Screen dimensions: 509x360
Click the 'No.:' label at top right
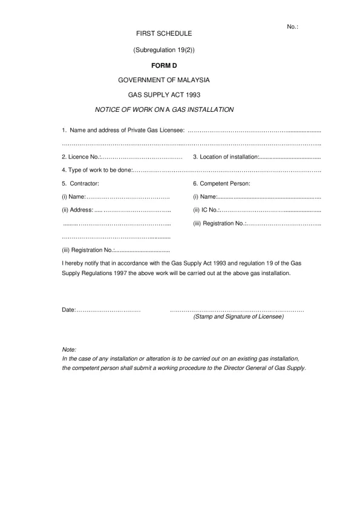point(292,27)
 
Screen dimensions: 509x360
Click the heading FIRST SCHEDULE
point(164,34)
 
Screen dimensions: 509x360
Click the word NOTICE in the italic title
point(107,109)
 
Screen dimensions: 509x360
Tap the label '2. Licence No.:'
point(80,157)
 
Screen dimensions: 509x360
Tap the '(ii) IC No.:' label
point(206,210)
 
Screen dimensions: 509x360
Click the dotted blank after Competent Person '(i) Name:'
point(269,197)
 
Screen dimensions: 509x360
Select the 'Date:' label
point(68,310)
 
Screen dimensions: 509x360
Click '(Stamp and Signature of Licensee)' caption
point(238,317)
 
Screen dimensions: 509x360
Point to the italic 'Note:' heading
point(69,350)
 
